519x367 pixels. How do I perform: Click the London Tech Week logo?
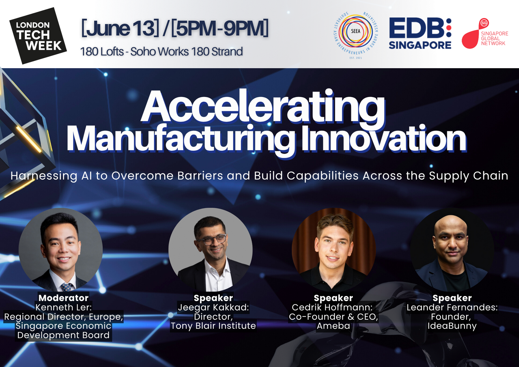tap(38, 36)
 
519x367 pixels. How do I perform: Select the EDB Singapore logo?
tap(420, 34)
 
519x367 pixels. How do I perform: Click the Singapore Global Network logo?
tap(485, 34)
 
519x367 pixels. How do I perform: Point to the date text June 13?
tap(120, 28)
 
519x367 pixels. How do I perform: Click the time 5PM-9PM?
tap(219, 28)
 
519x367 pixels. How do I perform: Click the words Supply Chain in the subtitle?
tap(469, 176)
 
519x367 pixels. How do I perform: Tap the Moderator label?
tap(63, 298)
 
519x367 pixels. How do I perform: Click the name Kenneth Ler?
tap(63, 307)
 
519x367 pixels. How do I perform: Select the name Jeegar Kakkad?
tap(213, 308)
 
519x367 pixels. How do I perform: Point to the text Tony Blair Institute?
tap(213, 326)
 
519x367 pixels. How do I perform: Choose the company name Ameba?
tap(333, 326)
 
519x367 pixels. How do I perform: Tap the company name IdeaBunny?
tap(452, 326)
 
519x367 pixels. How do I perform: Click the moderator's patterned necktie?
tap(67, 287)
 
